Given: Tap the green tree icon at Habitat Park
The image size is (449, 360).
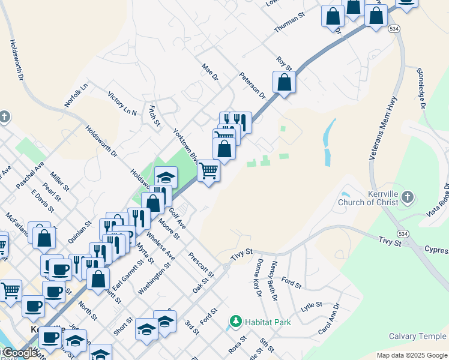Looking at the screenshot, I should click(236, 322).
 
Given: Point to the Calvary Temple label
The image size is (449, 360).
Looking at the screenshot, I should click(418, 337).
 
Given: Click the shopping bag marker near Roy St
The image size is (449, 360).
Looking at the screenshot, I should click(285, 83).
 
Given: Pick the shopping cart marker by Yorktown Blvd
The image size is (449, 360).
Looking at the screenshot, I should click(208, 170).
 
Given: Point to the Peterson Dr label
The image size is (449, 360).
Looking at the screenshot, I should click(252, 85).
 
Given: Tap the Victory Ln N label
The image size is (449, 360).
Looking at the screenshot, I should click(122, 103).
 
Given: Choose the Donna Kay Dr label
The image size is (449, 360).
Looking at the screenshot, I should click(256, 277).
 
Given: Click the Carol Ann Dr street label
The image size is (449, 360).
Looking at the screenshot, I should click(331, 319).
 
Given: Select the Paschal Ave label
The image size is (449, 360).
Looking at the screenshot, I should click(31, 175).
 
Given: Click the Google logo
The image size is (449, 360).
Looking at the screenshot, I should click(20, 353).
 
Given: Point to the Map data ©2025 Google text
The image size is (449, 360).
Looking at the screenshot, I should click(411, 355).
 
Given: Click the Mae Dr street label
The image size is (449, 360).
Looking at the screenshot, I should click(209, 73).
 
